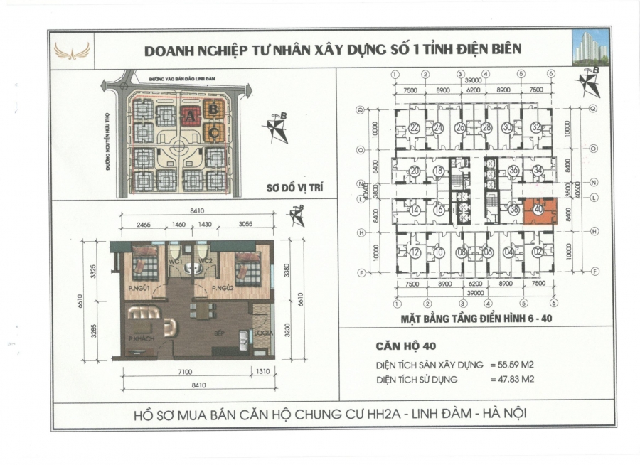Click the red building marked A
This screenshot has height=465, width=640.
point(191,115)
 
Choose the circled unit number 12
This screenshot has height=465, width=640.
point(415,252)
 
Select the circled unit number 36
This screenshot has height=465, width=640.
point(513,171)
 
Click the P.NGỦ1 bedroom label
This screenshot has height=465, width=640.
point(138,288)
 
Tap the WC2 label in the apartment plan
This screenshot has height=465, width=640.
point(207,261)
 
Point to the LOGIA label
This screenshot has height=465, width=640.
point(261,331)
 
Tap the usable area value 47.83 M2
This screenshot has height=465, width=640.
point(512,380)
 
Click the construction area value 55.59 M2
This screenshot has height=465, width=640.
point(512,363)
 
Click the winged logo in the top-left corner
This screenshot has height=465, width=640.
point(72,50)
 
